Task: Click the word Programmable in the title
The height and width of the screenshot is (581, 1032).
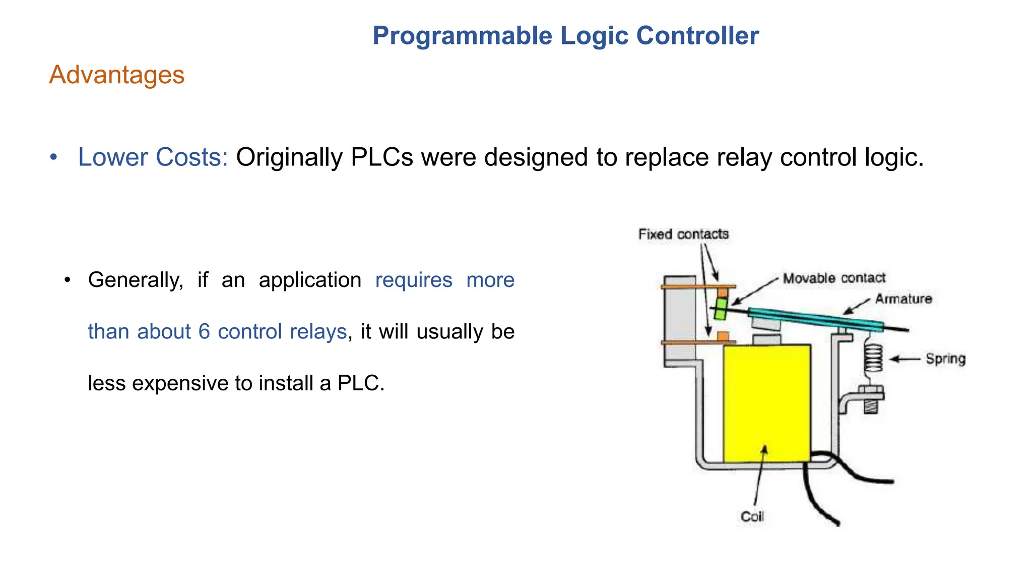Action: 462,36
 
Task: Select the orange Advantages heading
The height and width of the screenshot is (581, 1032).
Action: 116,75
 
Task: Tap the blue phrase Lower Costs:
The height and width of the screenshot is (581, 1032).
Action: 153,157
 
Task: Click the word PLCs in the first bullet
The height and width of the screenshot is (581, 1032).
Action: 381,157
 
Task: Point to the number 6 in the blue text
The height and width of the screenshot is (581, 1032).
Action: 204,332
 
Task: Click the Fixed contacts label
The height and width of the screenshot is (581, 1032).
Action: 683,234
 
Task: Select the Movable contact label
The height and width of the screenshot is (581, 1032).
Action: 834,278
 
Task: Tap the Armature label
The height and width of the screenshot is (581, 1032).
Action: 904,299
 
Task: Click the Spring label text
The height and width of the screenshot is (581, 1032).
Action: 945,359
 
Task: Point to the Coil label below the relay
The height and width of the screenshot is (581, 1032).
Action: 752,516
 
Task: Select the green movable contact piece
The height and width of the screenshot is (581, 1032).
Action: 721,309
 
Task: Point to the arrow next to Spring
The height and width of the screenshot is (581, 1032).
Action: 905,359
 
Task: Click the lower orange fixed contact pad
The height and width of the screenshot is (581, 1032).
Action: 723,336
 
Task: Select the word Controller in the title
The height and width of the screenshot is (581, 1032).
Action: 697,36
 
